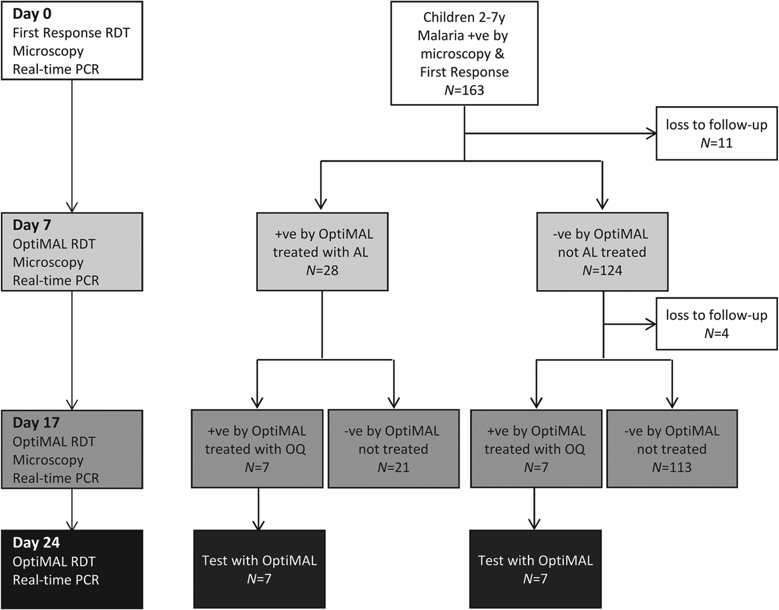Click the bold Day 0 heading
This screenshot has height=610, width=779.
point(32,14)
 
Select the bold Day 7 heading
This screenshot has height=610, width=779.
point(32,225)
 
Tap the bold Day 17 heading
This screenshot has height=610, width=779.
point(36,423)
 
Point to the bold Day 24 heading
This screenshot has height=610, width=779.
point(36,543)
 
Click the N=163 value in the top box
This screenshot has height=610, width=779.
point(464,90)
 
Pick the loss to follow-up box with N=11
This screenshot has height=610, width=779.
point(716,133)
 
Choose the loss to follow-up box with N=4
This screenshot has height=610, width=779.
point(716,324)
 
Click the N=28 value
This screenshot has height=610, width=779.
point(322,270)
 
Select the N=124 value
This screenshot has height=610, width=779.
point(602,270)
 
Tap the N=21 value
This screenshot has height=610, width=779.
point(393,467)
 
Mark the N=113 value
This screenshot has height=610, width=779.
point(672,467)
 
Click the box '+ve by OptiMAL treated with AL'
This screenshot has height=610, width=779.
point(322,251)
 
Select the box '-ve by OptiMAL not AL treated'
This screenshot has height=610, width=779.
point(602,251)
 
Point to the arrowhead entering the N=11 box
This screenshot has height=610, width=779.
point(651,133)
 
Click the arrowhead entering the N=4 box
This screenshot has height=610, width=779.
point(651,324)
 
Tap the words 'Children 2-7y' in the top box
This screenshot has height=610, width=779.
point(464,17)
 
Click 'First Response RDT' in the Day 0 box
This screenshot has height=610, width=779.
point(71,33)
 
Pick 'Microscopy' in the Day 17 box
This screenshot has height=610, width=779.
point(48,460)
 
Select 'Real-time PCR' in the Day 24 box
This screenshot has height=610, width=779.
point(56,580)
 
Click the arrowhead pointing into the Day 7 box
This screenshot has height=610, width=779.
point(72,206)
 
